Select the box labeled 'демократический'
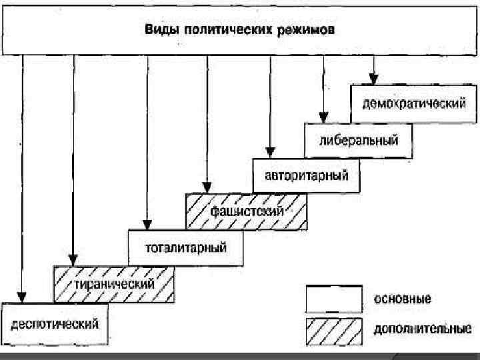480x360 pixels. click(x=413, y=103)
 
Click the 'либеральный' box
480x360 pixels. click(x=359, y=141)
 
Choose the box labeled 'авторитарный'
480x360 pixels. click(x=307, y=177)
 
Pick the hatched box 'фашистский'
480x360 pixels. click(x=247, y=211)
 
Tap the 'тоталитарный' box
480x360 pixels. click(x=186, y=248)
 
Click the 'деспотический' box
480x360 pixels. click(x=55, y=324)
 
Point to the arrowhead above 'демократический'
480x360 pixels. click(x=374, y=79)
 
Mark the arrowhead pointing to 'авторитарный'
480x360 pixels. click(x=270, y=151)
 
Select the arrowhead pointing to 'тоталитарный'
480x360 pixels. click(x=145, y=223)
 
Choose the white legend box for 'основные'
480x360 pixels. click(x=334, y=299)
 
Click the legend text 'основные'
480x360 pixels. click(x=402, y=299)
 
